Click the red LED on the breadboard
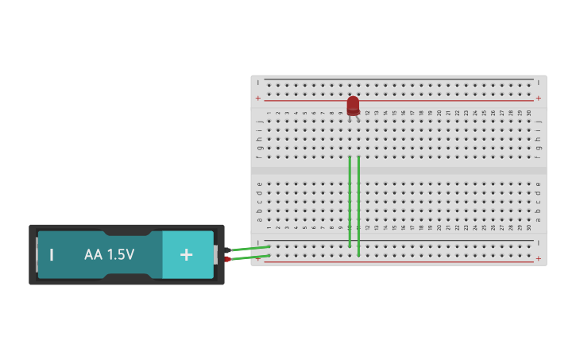353,105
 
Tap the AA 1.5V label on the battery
110,254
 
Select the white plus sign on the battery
186,254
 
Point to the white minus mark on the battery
52,254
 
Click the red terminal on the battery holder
227,259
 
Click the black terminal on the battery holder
227,250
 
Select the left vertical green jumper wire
350,202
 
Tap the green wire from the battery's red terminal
249,257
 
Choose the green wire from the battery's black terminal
249,249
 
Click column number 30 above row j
529,114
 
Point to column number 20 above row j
439,114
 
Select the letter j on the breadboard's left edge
259,121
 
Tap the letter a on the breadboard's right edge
539,219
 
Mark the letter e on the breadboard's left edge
259,184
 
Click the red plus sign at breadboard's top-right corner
539,99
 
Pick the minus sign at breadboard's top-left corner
258,82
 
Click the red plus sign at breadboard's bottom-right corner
539,258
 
